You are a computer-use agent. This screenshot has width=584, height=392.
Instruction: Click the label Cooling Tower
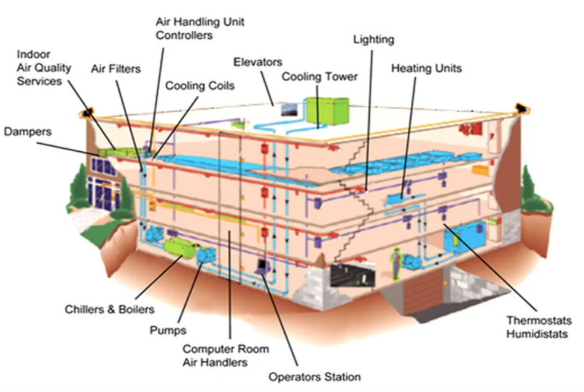point(319,77)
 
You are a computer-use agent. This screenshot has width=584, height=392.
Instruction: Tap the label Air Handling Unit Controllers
point(200,28)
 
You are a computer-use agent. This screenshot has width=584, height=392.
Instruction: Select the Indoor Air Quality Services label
point(44,68)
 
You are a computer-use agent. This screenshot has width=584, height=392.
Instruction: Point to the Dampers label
point(28,131)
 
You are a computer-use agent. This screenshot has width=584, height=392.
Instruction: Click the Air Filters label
point(115,69)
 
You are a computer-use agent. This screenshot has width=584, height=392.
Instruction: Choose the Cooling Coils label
point(200,86)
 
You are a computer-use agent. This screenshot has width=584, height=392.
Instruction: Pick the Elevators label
point(257,62)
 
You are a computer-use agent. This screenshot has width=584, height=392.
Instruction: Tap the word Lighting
point(373,39)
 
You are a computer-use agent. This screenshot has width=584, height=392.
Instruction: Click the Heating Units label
point(426,68)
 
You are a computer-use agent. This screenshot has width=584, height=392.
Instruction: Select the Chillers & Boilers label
point(109,309)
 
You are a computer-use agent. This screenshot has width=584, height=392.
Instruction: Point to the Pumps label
point(168,331)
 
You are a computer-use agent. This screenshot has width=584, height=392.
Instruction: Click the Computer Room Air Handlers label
point(225,356)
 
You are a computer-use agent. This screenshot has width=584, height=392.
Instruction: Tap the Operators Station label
point(314,376)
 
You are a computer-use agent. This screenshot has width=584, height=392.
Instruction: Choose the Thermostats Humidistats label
point(539,327)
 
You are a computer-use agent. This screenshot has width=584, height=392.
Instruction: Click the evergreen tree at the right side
point(533,190)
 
